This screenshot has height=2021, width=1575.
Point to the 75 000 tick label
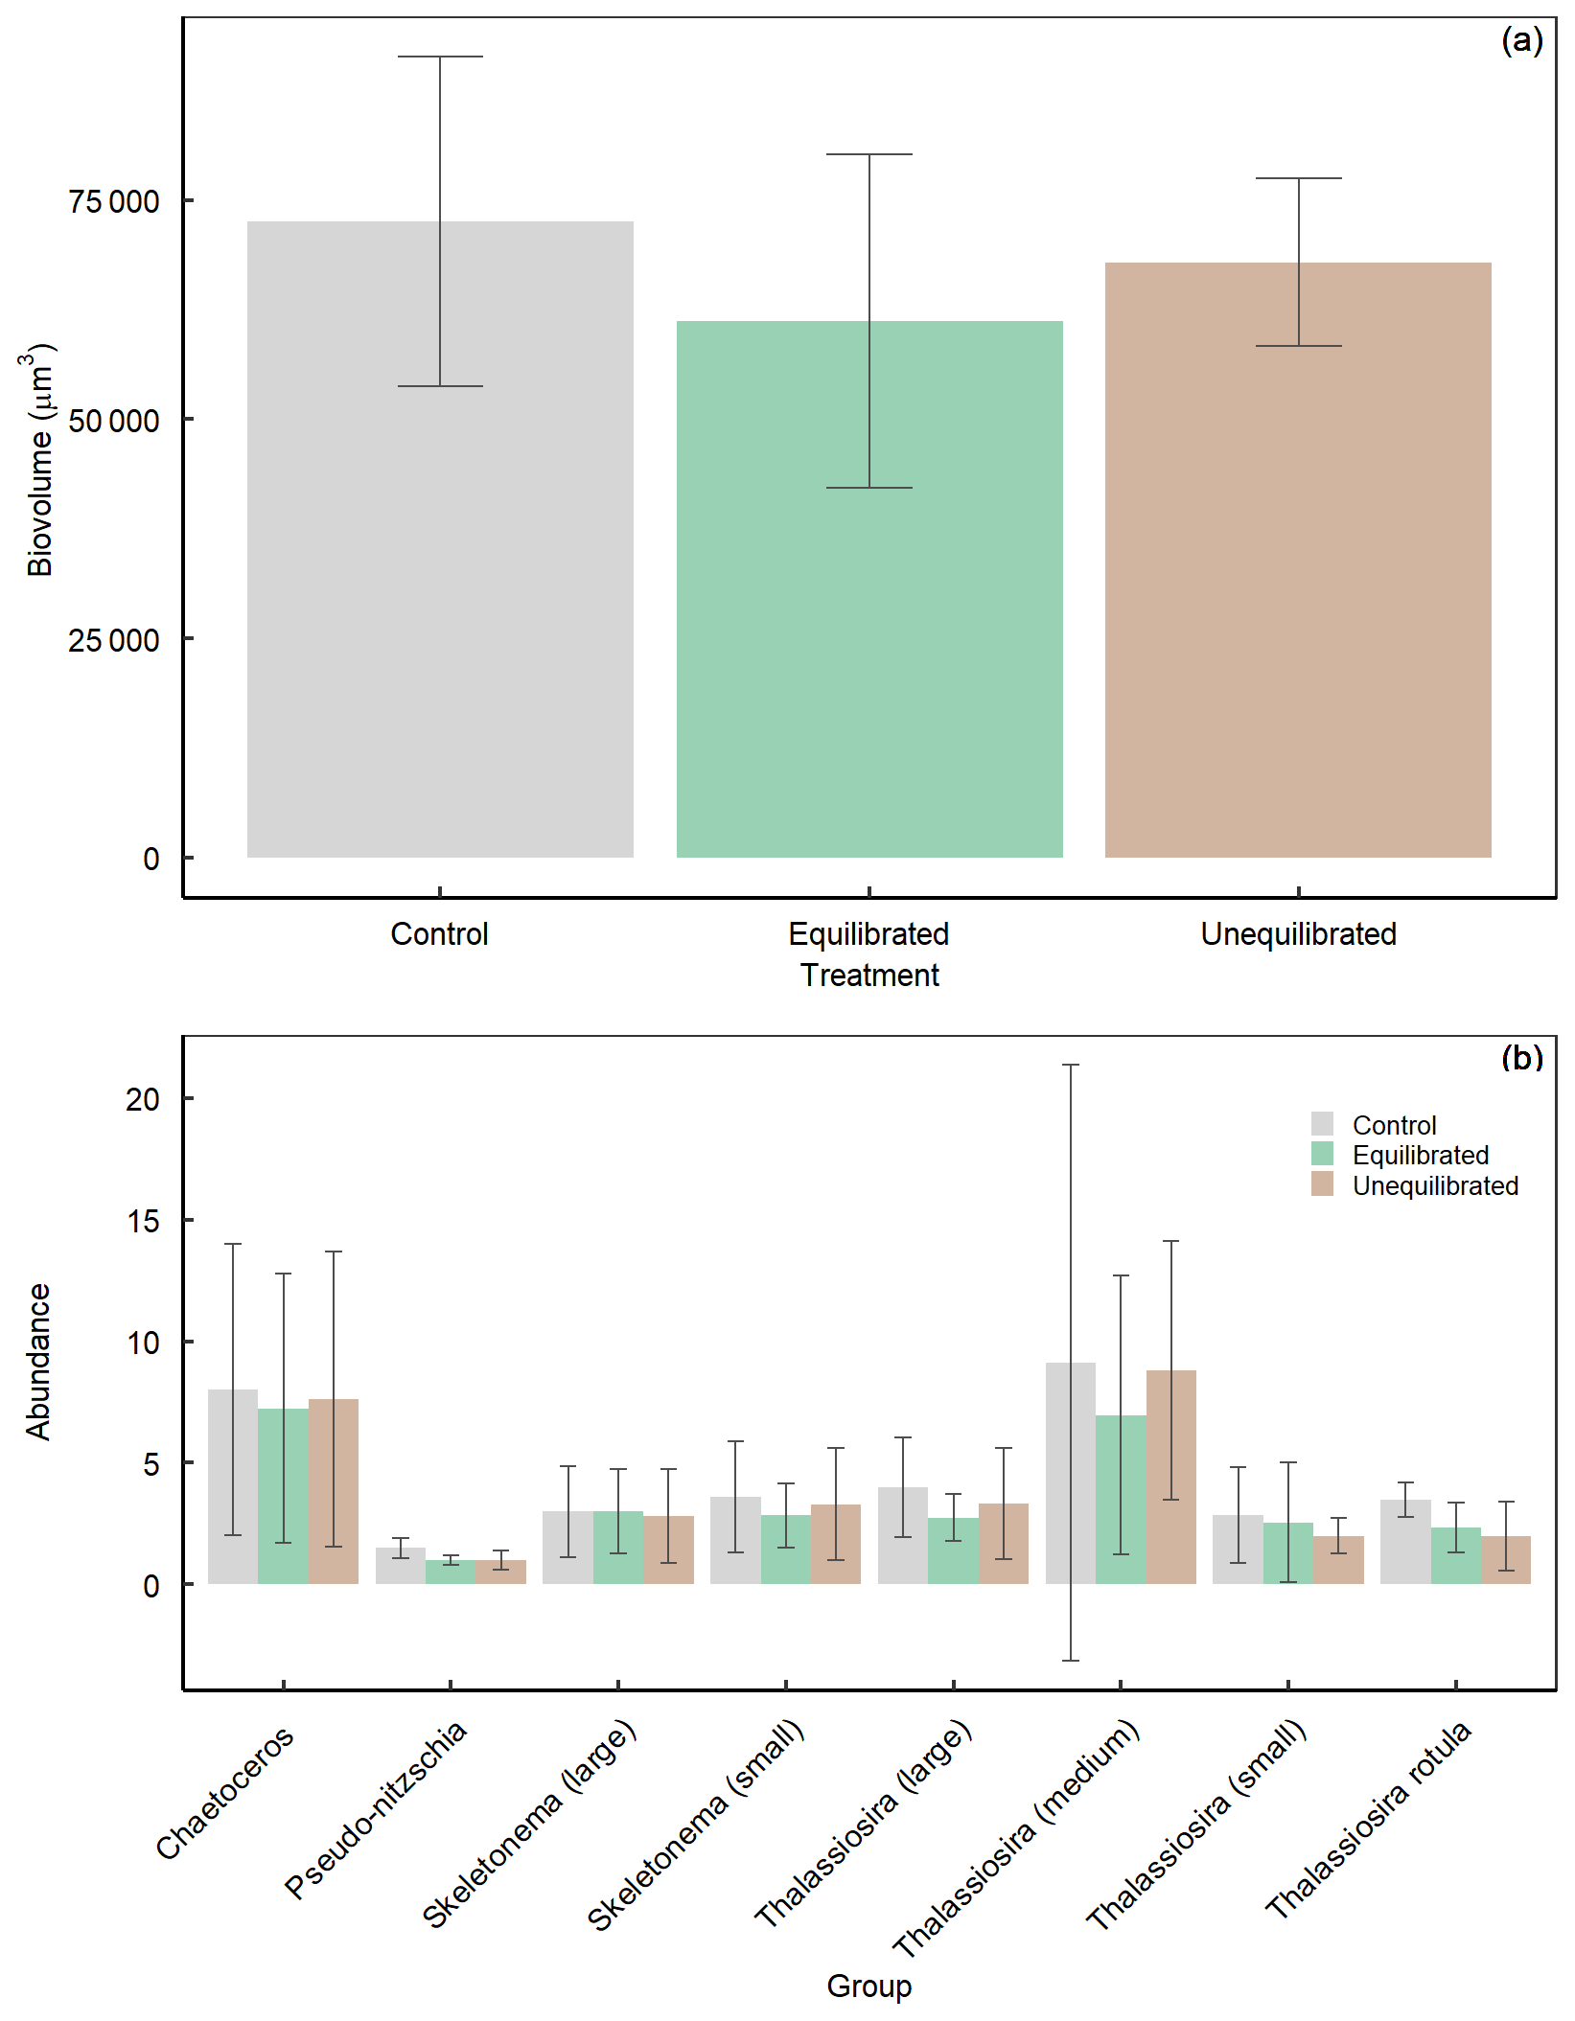point(114,201)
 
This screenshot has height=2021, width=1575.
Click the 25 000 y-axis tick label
point(114,639)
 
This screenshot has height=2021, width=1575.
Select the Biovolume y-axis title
point(39,461)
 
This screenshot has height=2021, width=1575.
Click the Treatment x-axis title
point(869,975)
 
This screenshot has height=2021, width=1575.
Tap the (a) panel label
point(1521,40)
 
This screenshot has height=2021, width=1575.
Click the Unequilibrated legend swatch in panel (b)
point(1322,1184)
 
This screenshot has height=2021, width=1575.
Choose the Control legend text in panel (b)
point(1394,1125)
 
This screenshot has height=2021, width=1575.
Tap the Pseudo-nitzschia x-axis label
point(377,1808)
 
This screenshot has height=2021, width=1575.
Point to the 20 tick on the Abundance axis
point(143,1099)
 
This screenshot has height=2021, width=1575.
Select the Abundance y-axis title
point(38,1362)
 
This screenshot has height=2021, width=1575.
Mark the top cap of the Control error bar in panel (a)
point(440,57)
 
